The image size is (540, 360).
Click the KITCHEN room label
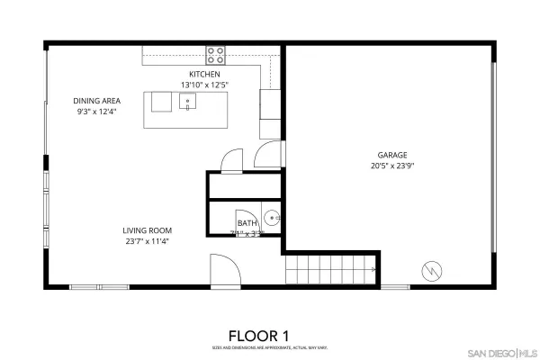coord(204,74)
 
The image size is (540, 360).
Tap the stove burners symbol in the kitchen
coord(216,53)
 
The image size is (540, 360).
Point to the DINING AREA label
coord(97,100)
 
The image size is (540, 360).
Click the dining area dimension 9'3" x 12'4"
coord(97,111)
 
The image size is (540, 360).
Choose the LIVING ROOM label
coord(147,230)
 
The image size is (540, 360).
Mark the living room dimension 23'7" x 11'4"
coord(147,241)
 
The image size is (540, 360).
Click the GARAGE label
coord(391,154)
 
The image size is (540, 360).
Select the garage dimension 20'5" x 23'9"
coord(391,166)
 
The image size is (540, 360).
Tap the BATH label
coord(247,223)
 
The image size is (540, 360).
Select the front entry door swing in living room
coord(222,269)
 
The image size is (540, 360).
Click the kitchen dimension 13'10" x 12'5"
coord(204,85)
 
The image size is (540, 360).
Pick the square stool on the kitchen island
coord(162,102)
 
